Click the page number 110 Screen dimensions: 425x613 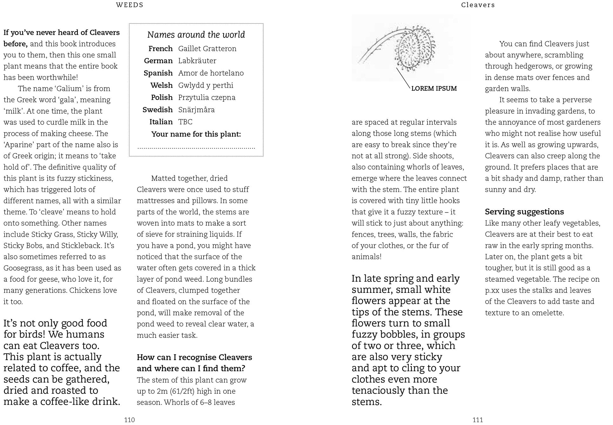(x=129, y=420)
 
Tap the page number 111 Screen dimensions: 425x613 (x=478, y=420)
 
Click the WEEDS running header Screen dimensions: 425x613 (x=130, y=5)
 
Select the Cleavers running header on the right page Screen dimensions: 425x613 (x=478, y=5)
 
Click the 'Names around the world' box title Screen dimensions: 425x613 (x=196, y=35)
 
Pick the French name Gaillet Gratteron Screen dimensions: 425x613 (x=207, y=49)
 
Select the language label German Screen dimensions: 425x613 (x=158, y=61)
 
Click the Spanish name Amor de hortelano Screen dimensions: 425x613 (x=211, y=73)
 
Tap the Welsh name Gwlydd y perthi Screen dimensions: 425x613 (x=205, y=85)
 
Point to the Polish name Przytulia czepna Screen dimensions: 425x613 (x=207, y=98)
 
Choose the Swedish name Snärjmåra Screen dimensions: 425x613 (x=196, y=110)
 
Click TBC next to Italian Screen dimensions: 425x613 (x=185, y=122)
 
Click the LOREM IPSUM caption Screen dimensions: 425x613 (x=434, y=89)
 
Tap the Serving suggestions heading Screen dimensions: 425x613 (x=524, y=212)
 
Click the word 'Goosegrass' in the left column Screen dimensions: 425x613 (x=23, y=268)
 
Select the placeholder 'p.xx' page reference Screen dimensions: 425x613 (x=492, y=291)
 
